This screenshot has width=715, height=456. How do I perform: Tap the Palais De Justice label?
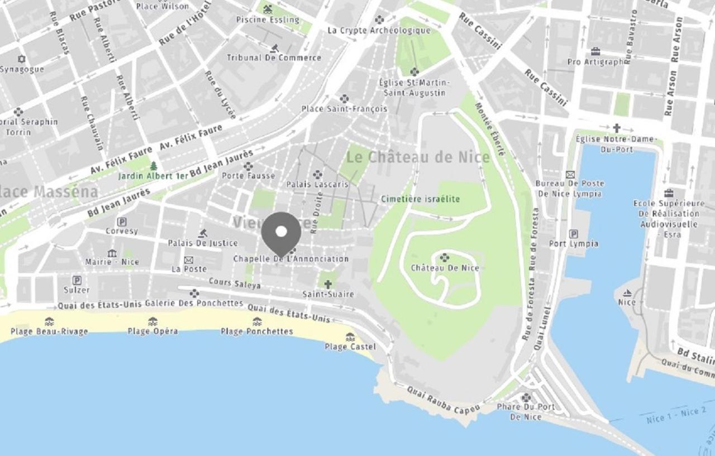(203, 243)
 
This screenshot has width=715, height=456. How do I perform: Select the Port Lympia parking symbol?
(573, 234)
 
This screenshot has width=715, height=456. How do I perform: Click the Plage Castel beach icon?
(350, 337)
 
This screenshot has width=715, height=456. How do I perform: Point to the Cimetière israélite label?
(420, 199)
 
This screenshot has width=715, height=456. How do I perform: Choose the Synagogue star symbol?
(22, 59)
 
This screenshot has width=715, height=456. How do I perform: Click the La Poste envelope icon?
(189, 260)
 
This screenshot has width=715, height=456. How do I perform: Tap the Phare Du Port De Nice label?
(526, 411)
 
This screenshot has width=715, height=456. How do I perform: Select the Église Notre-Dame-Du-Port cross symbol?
(617, 128)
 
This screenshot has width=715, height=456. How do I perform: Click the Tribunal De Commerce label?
(274, 57)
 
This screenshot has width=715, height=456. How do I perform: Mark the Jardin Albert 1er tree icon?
(154, 166)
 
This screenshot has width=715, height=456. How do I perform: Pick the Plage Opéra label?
(152, 331)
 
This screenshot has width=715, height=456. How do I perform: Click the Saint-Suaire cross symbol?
(328, 284)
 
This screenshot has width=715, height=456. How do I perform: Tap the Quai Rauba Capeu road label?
(443, 400)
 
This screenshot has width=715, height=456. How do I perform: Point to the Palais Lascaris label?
(317, 184)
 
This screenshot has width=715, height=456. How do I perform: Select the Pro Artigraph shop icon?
(595, 52)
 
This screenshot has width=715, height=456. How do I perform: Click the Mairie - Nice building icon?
(112, 253)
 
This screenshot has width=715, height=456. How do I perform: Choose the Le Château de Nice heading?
(418, 157)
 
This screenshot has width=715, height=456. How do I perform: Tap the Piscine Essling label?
(268, 20)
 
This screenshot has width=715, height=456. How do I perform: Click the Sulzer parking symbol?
(77, 281)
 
